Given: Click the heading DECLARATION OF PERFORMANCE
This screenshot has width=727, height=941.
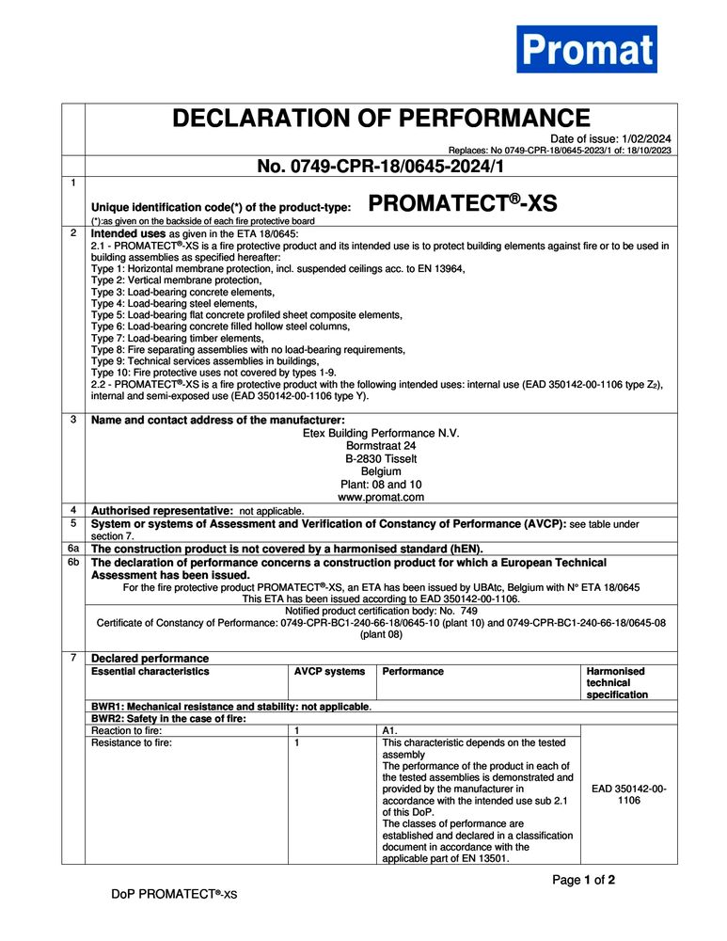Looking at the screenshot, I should click(381, 120).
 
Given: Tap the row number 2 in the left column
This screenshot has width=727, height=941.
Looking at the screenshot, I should click(73, 231).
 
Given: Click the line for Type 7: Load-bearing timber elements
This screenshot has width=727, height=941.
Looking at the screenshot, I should click(177, 338).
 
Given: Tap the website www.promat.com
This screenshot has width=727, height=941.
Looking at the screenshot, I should click(381, 497).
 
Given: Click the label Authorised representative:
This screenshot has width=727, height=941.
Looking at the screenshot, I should click(162, 510).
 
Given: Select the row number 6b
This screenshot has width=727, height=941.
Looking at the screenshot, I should click(73, 561).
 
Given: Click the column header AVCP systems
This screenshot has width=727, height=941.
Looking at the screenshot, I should click(329, 672).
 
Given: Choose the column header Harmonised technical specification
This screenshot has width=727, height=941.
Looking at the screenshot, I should click(617, 683).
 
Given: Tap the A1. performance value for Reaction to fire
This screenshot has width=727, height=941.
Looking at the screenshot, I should click(391, 730).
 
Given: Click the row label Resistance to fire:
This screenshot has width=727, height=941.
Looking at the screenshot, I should click(132, 742).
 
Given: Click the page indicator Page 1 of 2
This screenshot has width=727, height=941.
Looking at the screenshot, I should click(583, 881).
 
